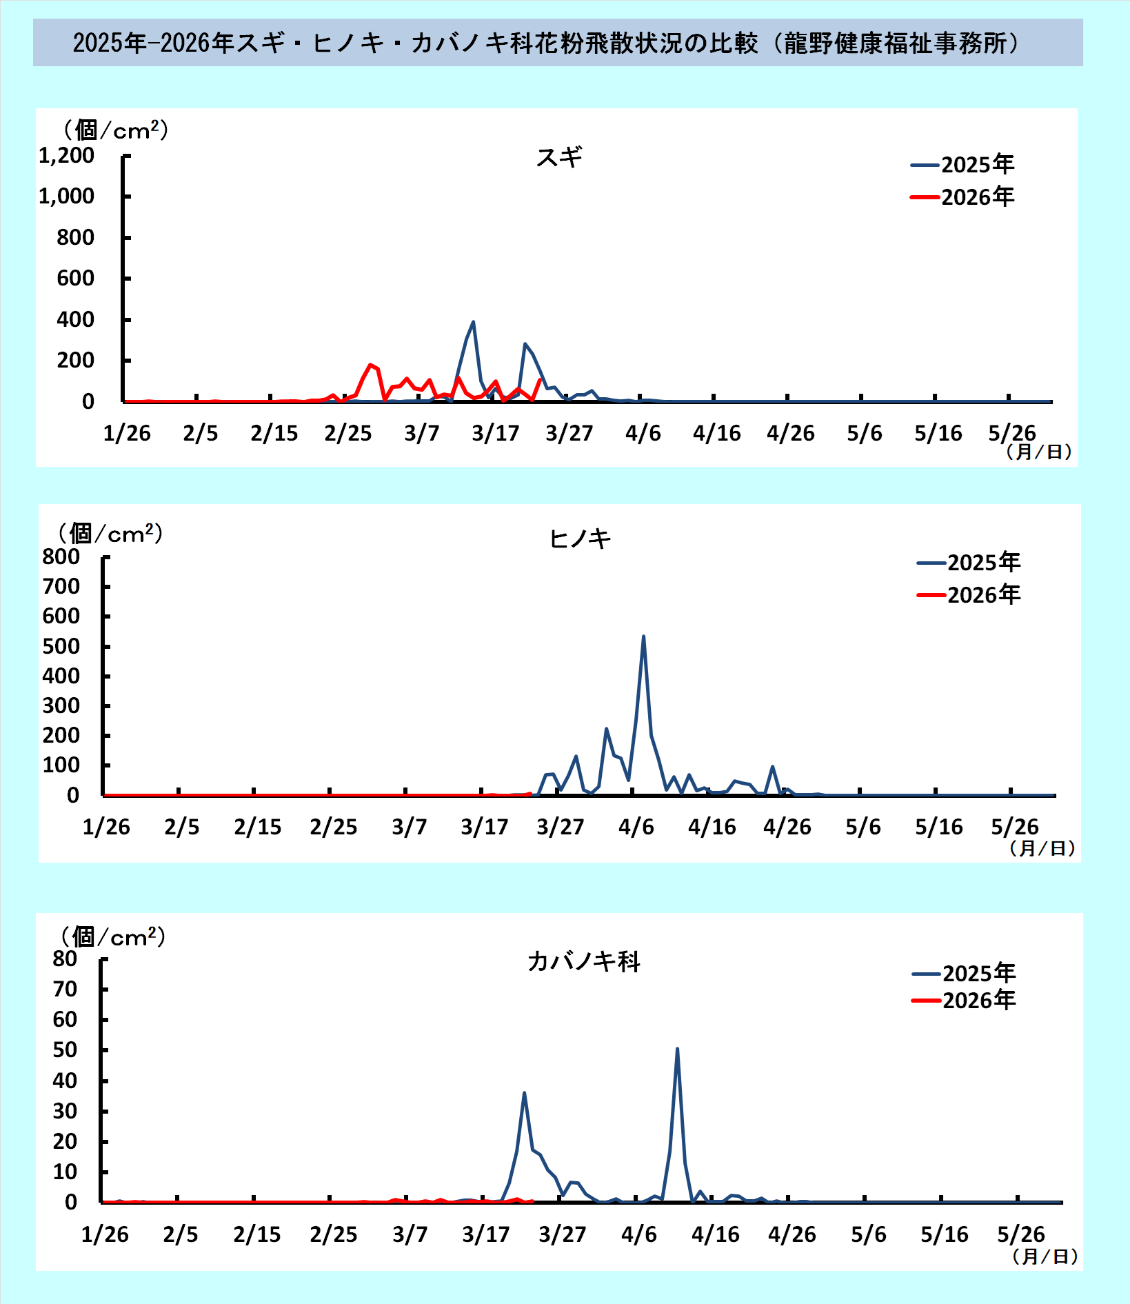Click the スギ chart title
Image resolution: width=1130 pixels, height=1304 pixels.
559,157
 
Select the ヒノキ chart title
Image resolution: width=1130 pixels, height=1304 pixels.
580,539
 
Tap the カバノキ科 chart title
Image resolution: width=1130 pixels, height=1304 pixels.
583,961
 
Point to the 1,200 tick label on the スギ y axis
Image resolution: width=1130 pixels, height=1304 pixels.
67,156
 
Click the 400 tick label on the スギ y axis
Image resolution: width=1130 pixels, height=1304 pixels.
76,319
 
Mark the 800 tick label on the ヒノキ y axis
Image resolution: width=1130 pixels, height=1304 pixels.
61,556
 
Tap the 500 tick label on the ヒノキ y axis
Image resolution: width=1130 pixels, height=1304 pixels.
61,646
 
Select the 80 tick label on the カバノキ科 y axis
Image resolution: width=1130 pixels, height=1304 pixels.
65,959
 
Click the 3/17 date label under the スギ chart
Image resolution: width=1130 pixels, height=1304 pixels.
495,433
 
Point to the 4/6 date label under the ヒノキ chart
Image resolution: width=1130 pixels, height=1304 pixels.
636,827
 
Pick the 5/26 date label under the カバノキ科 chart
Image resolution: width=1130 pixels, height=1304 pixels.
1021,1234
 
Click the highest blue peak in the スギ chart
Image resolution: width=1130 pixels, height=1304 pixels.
473,322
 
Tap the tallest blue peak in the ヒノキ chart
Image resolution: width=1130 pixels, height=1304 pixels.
643,636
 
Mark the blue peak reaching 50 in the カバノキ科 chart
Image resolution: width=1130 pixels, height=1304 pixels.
677,1049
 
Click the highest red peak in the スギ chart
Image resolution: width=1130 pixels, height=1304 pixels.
370,365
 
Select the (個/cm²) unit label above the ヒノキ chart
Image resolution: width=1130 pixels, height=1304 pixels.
110,533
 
